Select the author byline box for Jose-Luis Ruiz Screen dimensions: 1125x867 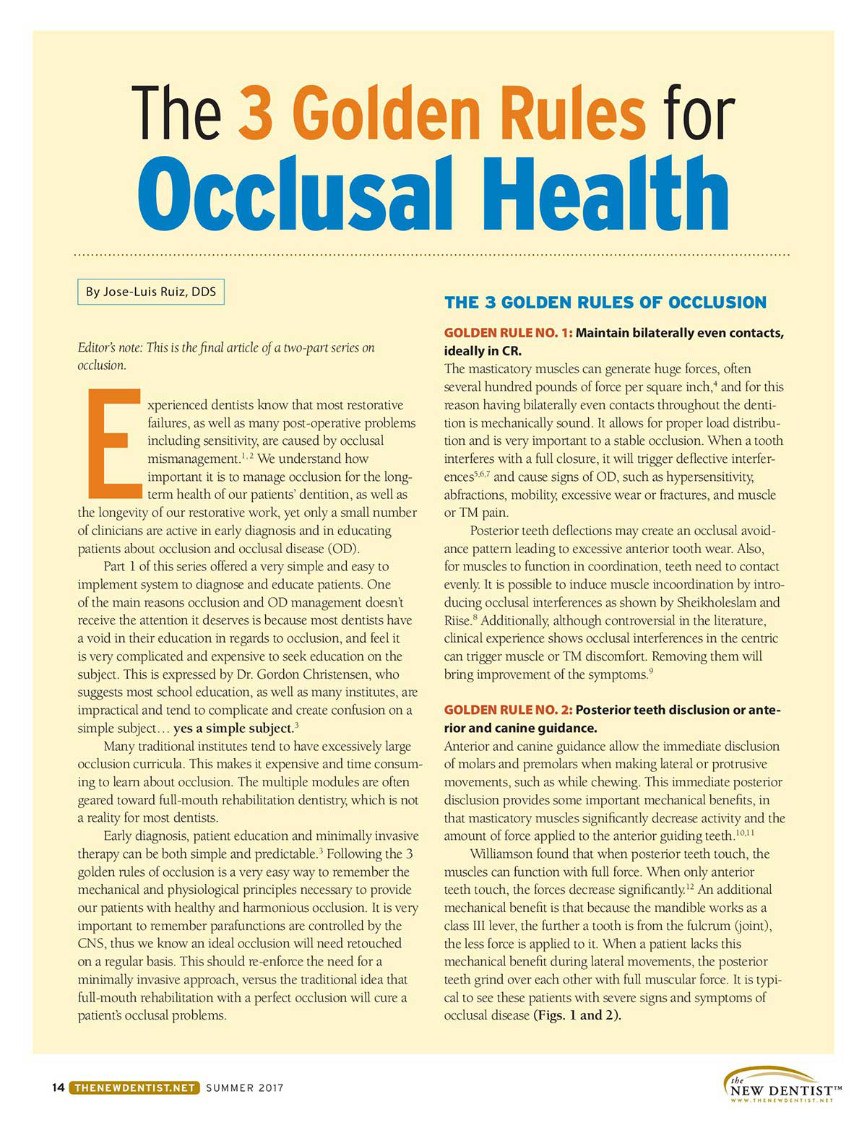151,292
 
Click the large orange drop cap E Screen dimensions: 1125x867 113,443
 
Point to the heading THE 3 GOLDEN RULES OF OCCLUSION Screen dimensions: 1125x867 605,303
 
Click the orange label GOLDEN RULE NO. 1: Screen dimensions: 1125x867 508,333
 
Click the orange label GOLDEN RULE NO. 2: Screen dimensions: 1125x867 508,710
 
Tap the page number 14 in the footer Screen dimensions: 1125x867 58,1087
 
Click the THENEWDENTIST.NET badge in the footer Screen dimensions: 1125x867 134,1087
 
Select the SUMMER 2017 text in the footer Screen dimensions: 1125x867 244,1087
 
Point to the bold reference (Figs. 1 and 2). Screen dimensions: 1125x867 577,1015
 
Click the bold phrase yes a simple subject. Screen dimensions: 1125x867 233,728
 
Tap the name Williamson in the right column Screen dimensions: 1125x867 503,853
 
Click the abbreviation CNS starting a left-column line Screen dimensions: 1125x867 91,943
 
